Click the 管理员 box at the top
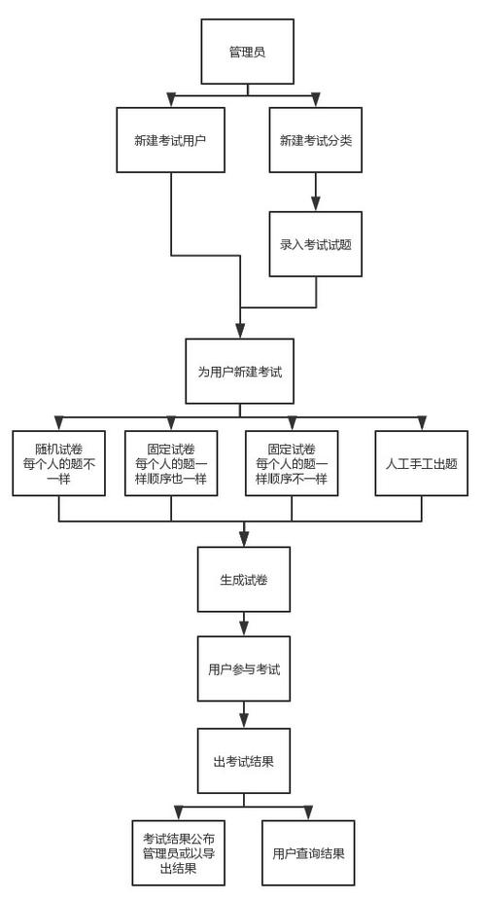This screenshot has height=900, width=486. pos(247,51)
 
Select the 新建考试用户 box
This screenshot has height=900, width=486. pos(171,140)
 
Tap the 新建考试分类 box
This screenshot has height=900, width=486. pos(316,140)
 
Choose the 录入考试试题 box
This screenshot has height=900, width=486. pos(316,244)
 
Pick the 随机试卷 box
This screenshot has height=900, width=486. pos(59,463)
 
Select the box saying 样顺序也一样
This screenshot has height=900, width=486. pos(171,463)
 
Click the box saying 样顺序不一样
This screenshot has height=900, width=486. pos(292,463)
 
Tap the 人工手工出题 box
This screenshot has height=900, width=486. pos(421,463)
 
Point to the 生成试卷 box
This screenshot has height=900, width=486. pos(244,580)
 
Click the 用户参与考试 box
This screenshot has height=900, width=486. pos(244,669)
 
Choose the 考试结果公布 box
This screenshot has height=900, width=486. pos(178,852)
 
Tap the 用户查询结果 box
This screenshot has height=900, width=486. pos(308,852)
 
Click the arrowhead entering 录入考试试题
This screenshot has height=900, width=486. pos(316,204)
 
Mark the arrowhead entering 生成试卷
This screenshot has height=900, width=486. pos(244,539)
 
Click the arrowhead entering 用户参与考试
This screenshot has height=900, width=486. pos(244,629)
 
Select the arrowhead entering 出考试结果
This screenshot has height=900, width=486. pos(244,721)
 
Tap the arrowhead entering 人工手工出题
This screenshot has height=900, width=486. pos(421,422)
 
